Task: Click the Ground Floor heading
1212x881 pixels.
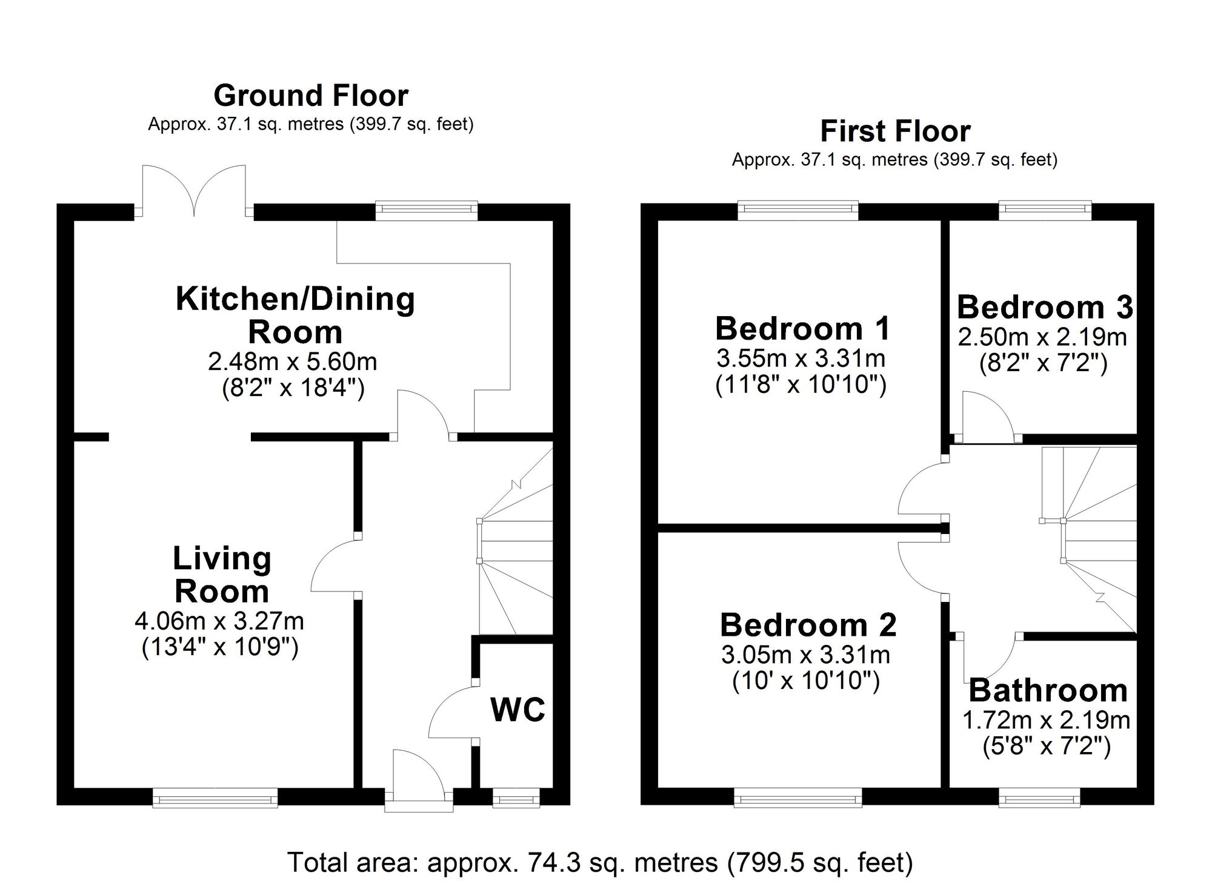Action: pos(311,96)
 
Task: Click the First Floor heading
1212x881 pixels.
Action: pos(895,131)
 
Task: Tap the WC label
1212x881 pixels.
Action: pos(518,710)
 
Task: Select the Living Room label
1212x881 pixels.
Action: pos(222,575)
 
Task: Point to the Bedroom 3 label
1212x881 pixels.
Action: pos(1045,307)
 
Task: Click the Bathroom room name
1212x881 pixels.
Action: pos(1048,690)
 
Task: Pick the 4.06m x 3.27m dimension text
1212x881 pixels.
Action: pos(219,621)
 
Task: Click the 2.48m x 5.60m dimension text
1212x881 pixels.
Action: pos(293,362)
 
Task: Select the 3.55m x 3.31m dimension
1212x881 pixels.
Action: pos(801,359)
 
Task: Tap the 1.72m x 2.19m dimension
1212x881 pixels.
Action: pos(1047,720)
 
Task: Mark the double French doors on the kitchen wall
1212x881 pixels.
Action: pos(194,190)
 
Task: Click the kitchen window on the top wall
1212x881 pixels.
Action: pos(426,210)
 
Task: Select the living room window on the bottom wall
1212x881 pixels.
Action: pos(215,798)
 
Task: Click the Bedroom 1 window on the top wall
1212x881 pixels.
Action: pos(798,210)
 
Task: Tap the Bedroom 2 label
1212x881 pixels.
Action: pos(808,625)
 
